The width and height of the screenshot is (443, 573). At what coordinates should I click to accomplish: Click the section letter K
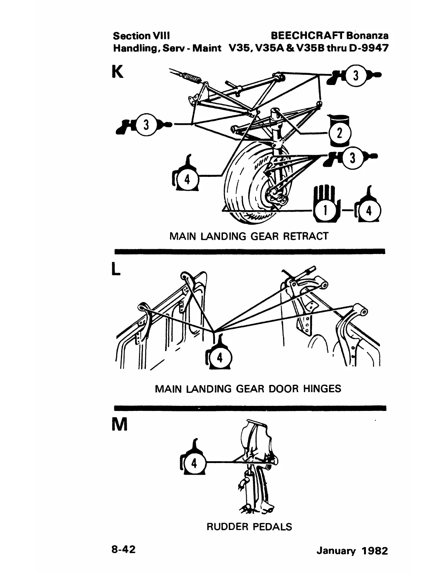(118, 72)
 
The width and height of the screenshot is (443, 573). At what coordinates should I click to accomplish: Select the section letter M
(120, 425)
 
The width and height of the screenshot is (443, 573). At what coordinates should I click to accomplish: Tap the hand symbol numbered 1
(325, 205)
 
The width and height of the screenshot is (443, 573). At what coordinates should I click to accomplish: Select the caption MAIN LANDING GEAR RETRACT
(249, 237)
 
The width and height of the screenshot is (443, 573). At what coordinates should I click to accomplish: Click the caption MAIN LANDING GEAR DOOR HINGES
(248, 389)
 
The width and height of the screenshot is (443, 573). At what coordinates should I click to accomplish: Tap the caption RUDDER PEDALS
(249, 527)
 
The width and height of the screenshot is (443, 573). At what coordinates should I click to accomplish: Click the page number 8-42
(123, 550)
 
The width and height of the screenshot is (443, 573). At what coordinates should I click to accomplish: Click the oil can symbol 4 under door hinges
(219, 357)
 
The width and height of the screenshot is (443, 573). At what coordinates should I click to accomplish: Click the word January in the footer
(333, 551)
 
